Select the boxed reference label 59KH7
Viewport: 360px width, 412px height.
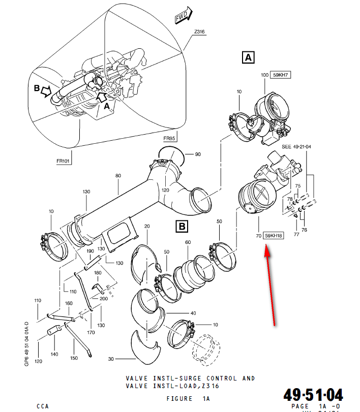[280, 75]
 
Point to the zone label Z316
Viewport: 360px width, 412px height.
[199, 32]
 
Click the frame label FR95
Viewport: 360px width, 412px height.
[169, 138]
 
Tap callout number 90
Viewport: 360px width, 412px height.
[198, 154]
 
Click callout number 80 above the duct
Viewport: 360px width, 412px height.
[118, 176]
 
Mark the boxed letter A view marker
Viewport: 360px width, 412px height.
[248, 57]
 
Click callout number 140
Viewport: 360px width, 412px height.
[54, 354]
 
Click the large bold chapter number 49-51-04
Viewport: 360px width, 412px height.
[313, 395]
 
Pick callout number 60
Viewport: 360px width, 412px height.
[188, 242]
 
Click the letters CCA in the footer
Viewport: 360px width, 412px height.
[43, 406]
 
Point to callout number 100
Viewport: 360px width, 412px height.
[264, 75]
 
